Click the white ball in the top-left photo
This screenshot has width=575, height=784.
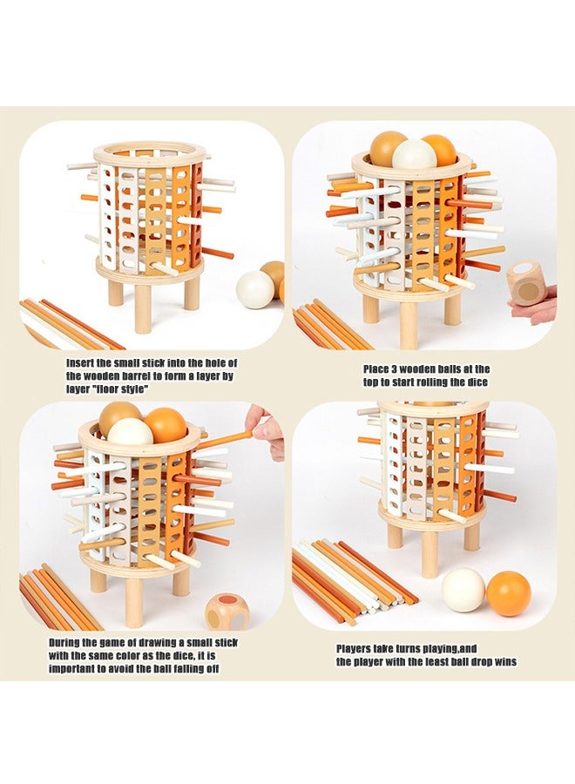(x=255, y=289)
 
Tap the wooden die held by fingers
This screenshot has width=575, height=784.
(x=524, y=283)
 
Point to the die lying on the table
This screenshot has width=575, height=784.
(x=227, y=612)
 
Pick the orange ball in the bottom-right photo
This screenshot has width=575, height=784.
(x=509, y=593)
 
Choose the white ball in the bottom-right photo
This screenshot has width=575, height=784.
(x=463, y=590)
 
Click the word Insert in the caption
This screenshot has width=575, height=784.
(x=83, y=362)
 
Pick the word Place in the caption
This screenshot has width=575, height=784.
(x=376, y=369)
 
